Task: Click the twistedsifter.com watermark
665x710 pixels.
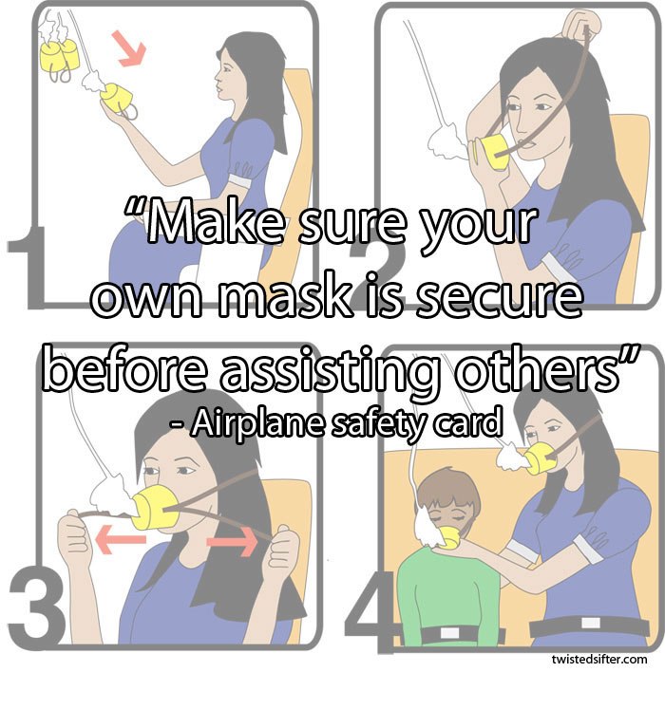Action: pyautogui.click(x=598, y=658)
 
